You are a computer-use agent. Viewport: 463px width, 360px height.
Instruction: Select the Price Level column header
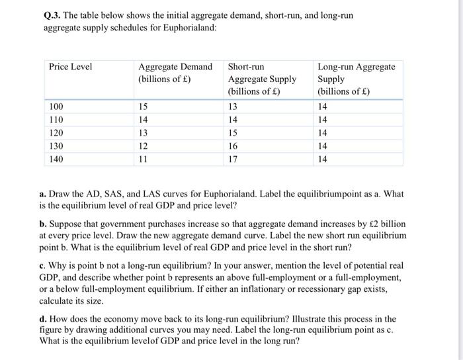tap(71, 67)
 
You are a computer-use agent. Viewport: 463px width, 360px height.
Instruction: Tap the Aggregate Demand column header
tap(175, 73)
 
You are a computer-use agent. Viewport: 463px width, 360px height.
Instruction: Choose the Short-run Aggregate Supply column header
tap(261, 79)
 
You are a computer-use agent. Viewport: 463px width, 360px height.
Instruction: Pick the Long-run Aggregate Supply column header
tap(357, 79)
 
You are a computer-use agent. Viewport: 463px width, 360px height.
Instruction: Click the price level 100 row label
tap(57, 107)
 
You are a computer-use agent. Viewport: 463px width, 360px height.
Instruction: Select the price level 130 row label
tap(57, 146)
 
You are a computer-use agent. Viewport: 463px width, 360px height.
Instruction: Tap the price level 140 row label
tap(57, 159)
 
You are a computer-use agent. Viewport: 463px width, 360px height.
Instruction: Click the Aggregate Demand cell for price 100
tap(144, 107)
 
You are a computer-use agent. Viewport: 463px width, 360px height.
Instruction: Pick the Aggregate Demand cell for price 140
tap(143, 159)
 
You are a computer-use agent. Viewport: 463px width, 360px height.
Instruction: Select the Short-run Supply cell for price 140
tap(233, 159)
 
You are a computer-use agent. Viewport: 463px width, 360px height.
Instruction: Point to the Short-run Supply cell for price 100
tap(233, 107)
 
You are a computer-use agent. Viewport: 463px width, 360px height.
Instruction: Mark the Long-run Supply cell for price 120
tap(323, 132)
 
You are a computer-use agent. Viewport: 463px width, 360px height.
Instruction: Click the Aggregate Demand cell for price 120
tap(144, 132)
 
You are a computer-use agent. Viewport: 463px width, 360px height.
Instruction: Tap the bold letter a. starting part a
tap(42, 195)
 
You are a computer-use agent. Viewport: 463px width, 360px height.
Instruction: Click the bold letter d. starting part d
tap(43, 318)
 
